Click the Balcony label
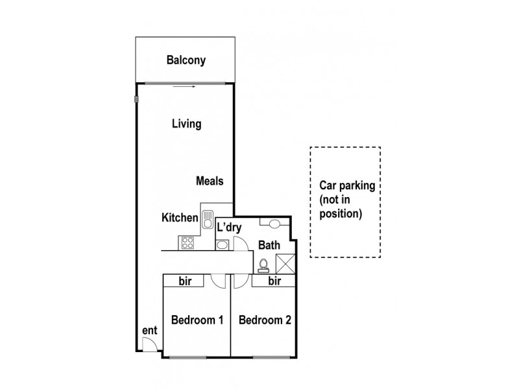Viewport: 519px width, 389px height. (x=186, y=61)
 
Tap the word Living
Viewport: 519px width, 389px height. (x=186, y=124)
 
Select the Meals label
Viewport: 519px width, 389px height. (x=210, y=182)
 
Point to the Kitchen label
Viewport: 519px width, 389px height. (x=180, y=218)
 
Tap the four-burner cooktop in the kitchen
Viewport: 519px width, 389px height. (x=187, y=243)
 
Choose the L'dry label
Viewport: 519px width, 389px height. (x=230, y=228)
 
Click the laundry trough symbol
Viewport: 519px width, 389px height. (x=221, y=244)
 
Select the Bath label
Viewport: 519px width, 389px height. (x=269, y=246)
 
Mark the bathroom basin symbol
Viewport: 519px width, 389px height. (x=274, y=224)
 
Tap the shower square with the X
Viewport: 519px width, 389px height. (x=285, y=264)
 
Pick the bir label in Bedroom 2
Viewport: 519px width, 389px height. (x=274, y=281)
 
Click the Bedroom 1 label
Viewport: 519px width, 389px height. (x=197, y=320)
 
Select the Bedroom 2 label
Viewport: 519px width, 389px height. (x=265, y=320)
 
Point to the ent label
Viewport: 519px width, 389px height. (x=149, y=331)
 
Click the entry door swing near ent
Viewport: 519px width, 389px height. (x=150, y=344)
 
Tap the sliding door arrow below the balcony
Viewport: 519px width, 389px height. (x=186, y=86)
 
